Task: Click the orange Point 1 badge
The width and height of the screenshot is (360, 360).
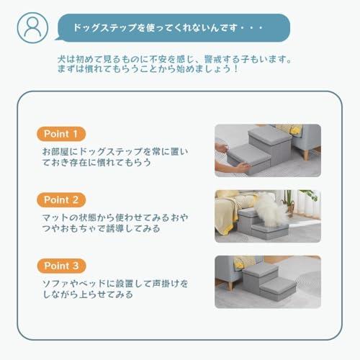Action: pos(61,134)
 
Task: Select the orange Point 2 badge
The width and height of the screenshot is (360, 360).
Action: pos(61,199)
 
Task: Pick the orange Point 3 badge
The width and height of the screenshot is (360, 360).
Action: pos(61,265)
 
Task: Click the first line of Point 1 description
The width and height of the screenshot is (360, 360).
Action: pos(115,151)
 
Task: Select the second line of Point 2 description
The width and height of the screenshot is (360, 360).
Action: pos(101,229)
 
